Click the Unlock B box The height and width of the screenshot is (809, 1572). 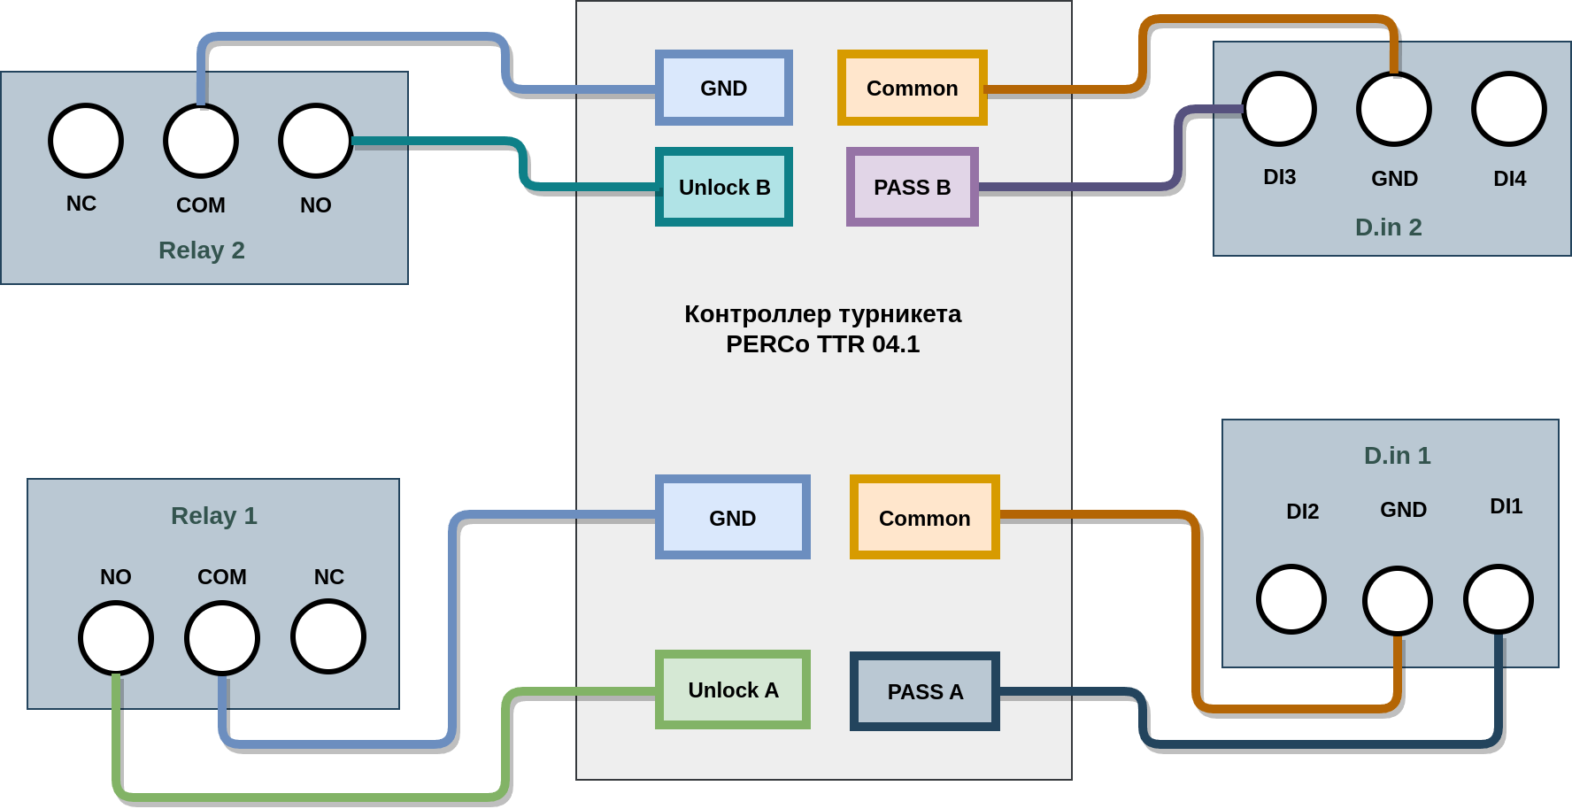(724, 187)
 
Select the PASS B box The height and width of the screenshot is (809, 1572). (912, 187)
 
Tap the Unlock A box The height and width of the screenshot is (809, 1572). (733, 690)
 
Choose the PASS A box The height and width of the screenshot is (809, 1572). (925, 691)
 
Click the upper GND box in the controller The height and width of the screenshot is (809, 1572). (724, 88)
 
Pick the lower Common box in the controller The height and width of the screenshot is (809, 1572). (925, 517)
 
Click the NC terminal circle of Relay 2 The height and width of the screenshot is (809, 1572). (86, 141)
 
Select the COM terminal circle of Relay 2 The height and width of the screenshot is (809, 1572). (201, 141)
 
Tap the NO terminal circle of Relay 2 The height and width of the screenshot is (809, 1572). (316, 141)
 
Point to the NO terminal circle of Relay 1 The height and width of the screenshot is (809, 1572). (116, 637)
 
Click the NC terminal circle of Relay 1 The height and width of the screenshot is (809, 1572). (328, 636)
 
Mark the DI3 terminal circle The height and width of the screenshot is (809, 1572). (1279, 109)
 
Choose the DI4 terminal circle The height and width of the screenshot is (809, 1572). (1509, 109)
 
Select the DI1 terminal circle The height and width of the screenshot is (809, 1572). (1499, 599)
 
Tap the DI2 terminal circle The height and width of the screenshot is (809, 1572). (1291, 599)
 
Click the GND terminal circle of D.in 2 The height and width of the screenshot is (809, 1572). (1394, 109)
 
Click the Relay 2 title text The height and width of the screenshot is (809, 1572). (202, 250)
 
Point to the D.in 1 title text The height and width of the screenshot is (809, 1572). (1397, 455)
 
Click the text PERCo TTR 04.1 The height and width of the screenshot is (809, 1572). (823, 344)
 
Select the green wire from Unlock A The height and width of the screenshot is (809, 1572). (310, 797)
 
